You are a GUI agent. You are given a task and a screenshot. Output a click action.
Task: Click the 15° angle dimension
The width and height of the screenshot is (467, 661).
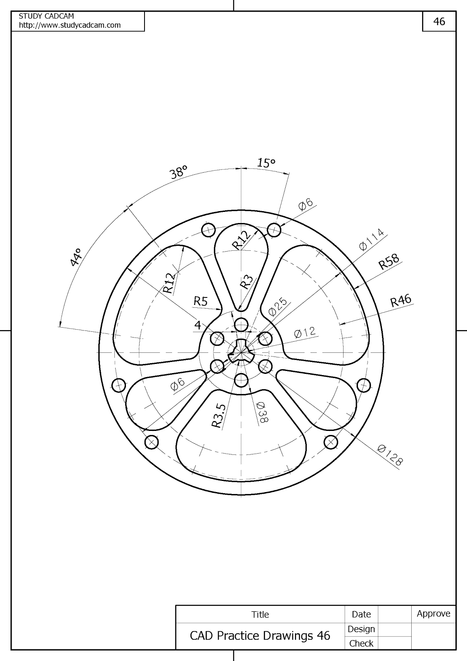(x=266, y=163)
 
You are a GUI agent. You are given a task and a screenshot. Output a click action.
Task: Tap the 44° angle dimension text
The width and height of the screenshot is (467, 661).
(x=76, y=257)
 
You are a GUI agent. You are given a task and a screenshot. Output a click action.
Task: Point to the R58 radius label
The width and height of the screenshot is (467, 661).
(x=389, y=262)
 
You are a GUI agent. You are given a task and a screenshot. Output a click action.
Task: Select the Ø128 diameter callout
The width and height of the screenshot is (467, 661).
(x=389, y=455)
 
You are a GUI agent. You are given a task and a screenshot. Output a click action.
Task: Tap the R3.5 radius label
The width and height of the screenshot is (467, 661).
(x=219, y=415)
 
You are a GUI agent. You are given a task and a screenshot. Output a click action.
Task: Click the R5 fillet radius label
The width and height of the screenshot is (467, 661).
(x=200, y=301)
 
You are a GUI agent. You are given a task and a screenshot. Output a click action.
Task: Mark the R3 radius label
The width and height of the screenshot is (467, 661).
(x=247, y=282)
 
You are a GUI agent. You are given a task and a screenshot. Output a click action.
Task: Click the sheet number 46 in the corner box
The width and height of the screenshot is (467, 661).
(x=439, y=21)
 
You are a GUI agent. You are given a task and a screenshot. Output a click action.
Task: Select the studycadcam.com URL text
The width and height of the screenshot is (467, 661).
(x=70, y=25)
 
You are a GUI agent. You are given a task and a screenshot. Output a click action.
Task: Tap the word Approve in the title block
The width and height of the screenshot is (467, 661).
(x=433, y=613)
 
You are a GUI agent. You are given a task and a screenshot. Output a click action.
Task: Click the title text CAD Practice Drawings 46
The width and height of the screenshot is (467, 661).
(x=260, y=635)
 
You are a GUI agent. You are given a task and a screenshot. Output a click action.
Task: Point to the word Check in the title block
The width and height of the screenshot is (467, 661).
(x=361, y=643)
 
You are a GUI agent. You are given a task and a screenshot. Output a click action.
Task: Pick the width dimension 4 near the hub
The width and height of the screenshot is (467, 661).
(x=198, y=325)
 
